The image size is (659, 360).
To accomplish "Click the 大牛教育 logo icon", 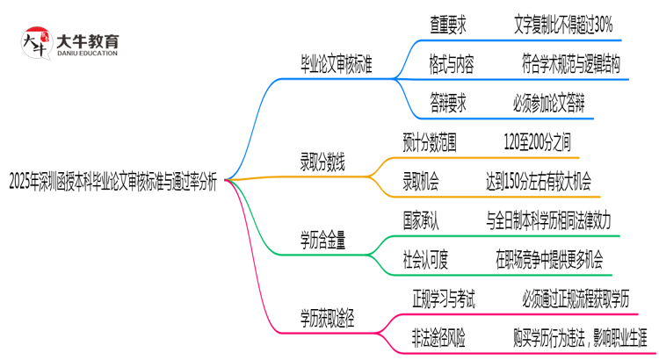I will pyautogui.click(x=36, y=43).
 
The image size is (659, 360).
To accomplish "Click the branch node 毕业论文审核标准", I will pyautogui.click(x=336, y=66).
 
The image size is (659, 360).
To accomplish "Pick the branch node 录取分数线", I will pyautogui.click(x=322, y=162).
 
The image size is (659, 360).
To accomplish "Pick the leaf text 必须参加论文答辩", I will pyautogui.click(x=548, y=103).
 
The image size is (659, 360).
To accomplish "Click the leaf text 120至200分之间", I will pyautogui.click(x=537, y=141).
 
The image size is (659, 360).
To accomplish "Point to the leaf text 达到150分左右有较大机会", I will pyautogui.click(x=538, y=180).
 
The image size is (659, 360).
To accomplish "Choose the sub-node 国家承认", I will pyautogui.click(x=423, y=218).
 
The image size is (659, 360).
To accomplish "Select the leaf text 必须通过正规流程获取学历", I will pyautogui.click(x=575, y=297).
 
